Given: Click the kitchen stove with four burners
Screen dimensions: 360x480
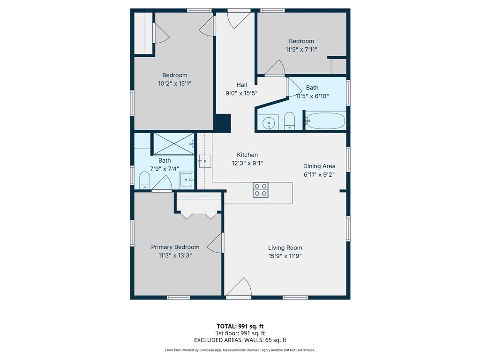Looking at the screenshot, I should pos(261,190).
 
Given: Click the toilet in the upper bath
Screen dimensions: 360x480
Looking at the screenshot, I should pos(289,120).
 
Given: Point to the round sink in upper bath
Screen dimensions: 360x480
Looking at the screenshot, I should pos(269,123).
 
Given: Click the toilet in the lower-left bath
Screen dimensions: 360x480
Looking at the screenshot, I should pos(144,180).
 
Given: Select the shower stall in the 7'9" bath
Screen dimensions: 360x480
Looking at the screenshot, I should pos(173,143).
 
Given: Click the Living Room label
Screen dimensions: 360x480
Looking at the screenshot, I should pos(285,247).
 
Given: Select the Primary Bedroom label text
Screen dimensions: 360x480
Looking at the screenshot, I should pos(175,247).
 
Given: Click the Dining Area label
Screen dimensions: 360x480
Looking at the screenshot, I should pos(319,166).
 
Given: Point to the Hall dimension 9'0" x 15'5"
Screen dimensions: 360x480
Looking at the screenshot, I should pos(241,93).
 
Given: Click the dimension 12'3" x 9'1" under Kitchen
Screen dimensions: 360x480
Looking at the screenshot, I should pos(247,163).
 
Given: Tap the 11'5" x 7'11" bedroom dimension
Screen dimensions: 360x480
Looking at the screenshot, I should pos(301,49).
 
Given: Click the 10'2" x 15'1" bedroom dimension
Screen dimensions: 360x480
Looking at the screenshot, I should pos(175,83).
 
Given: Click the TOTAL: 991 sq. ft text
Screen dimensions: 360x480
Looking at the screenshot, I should pos(240,326).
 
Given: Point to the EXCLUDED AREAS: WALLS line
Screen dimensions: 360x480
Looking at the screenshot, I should pos(240,340).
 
